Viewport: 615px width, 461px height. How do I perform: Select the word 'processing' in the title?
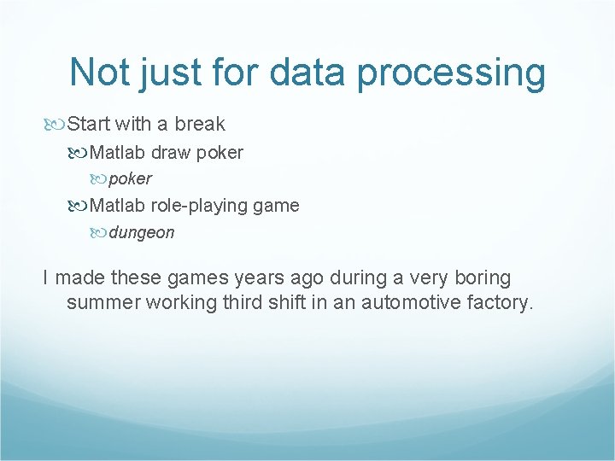[x=451, y=73]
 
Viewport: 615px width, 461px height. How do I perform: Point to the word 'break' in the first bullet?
[x=200, y=124]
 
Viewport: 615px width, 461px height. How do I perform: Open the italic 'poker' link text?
[x=130, y=179]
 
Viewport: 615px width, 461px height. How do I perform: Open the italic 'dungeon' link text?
[x=141, y=232]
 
